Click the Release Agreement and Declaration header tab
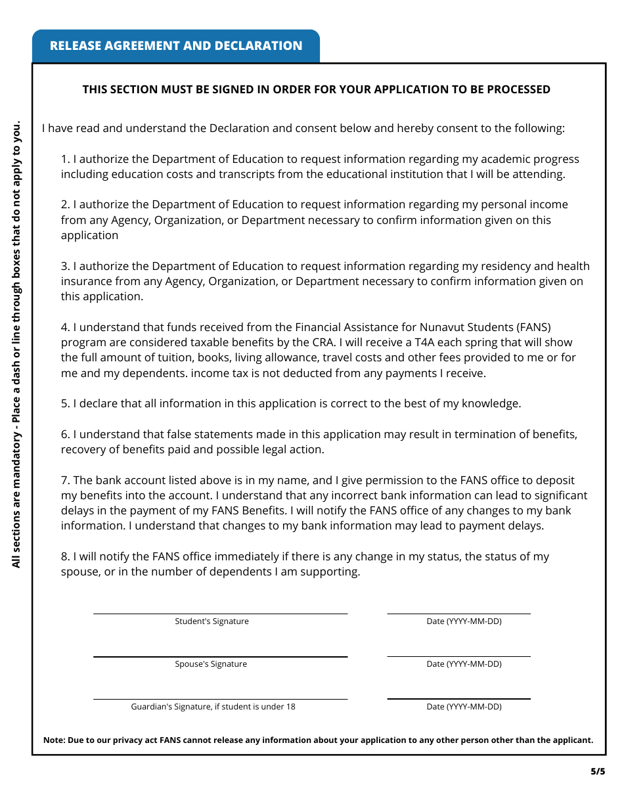pos(176,46)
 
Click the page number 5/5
pos(597,772)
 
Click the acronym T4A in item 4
pos(427,342)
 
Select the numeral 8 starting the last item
pos(64,556)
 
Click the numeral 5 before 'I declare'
pos(64,403)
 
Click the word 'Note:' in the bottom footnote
pos(54,740)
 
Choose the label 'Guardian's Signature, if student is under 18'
pos(213,707)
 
